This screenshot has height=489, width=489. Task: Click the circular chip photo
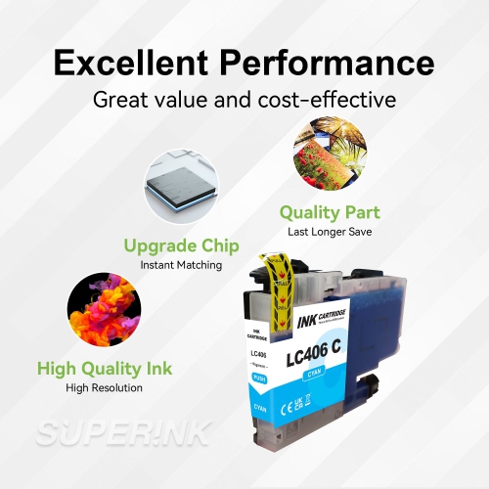178,188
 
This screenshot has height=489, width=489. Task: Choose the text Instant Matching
181,265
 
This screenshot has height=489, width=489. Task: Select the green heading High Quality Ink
105,369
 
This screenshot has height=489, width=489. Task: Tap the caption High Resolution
105,388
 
